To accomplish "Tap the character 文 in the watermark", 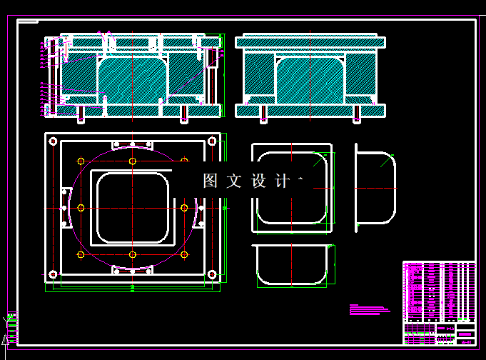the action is [x=233, y=181].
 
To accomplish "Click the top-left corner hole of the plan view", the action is [x=54, y=141].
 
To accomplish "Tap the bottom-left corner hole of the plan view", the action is [x=54, y=274].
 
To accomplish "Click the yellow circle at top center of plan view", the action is [x=133, y=161].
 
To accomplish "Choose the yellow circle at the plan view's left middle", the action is [x=81, y=208].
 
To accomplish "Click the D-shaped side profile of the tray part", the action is [x=375, y=187].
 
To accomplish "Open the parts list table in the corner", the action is [x=439, y=291].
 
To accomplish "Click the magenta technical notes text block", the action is [x=370, y=309].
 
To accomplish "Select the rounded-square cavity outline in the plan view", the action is [x=133, y=208].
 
